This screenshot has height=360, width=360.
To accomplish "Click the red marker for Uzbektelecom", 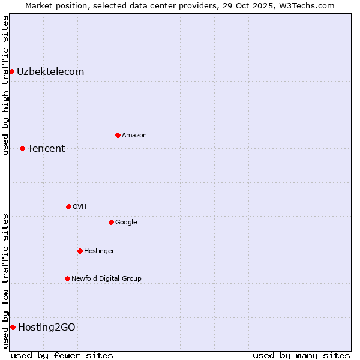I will click(x=11, y=72).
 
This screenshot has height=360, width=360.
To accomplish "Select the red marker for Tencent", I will click(x=22, y=148).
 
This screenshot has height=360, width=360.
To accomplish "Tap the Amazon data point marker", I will click(x=118, y=135).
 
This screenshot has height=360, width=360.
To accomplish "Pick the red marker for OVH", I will click(x=68, y=206).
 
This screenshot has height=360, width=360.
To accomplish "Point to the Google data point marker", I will click(x=111, y=222).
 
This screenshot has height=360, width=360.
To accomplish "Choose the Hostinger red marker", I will click(x=80, y=251).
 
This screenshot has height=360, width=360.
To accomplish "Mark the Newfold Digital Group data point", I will click(x=67, y=278).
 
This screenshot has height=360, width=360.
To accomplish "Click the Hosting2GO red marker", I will click(x=13, y=327).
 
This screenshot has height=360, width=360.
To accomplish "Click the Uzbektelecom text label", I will click(x=50, y=72).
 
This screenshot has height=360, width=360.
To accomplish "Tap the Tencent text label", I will click(x=46, y=148).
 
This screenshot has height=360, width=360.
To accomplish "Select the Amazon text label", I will click(x=134, y=135).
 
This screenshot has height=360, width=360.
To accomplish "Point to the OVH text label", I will click(x=80, y=206).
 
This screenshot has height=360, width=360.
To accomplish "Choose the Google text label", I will click(x=126, y=222).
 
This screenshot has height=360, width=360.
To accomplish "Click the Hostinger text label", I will click(x=99, y=251).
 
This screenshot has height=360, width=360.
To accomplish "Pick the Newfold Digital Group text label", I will click(x=106, y=278).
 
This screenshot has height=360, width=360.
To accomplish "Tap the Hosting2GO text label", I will click(x=47, y=327).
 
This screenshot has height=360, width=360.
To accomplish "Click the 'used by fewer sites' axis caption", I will click(x=62, y=355).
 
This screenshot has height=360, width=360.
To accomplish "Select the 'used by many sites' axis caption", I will click(x=301, y=355).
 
